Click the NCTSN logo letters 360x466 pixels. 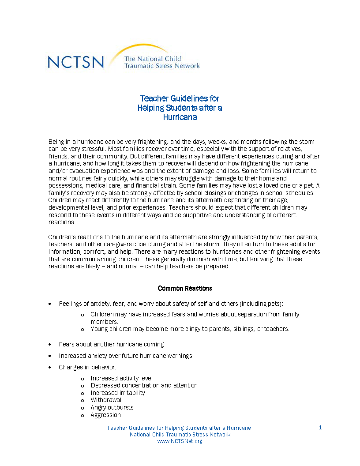click(x=76, y=62)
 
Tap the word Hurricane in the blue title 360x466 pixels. click(x=180, y=117)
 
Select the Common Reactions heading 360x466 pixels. click(x=185, y=288)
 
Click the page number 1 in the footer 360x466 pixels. click(x=320, y=428)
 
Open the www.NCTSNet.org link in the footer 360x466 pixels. click(x=180, y=441)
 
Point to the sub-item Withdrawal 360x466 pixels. click(x=106, y=400)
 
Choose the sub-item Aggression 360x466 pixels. click(x=105, y=415)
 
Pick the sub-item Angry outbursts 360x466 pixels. click(x=112, y=407)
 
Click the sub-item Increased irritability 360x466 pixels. click(x=118, y=393)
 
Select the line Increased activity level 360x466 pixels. click(x=122, y=378)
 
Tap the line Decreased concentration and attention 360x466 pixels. click(x=144, y=385)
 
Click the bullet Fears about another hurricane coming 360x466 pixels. click(x=111, y=344)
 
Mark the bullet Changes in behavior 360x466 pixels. click(x=87, y=367)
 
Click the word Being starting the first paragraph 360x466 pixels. click(x=56, y=142)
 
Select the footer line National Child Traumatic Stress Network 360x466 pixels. click(x=180, y=435)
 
